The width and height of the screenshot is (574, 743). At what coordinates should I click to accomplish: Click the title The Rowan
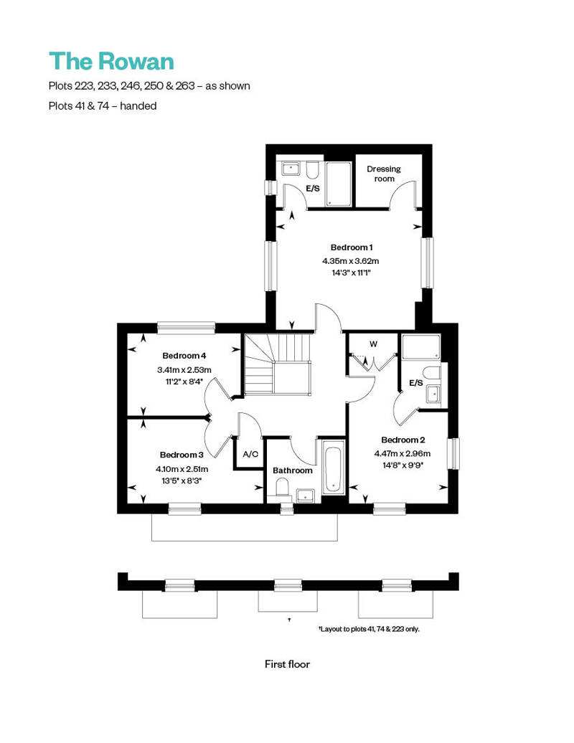[111, 62]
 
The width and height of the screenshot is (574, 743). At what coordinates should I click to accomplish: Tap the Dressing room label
[384, 174]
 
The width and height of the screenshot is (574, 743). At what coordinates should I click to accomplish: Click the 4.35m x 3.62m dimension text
[351, 261]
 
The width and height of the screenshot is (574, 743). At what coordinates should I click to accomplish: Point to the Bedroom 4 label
[184, 356]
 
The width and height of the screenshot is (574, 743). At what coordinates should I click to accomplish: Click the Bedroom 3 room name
[182, 455]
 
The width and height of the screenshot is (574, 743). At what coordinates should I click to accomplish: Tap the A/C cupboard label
[250, 454]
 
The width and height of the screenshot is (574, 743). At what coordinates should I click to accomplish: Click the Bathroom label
[293, 470]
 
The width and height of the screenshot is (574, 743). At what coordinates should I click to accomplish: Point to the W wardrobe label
[373, 344]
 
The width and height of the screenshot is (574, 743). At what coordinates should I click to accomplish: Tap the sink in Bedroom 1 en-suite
[291, 169]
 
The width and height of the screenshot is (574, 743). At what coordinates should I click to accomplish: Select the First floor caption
[287, 664]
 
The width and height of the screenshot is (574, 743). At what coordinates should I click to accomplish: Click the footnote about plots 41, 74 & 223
[369, 629]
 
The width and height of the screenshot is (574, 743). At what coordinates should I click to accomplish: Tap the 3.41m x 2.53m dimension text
[184, 370]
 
